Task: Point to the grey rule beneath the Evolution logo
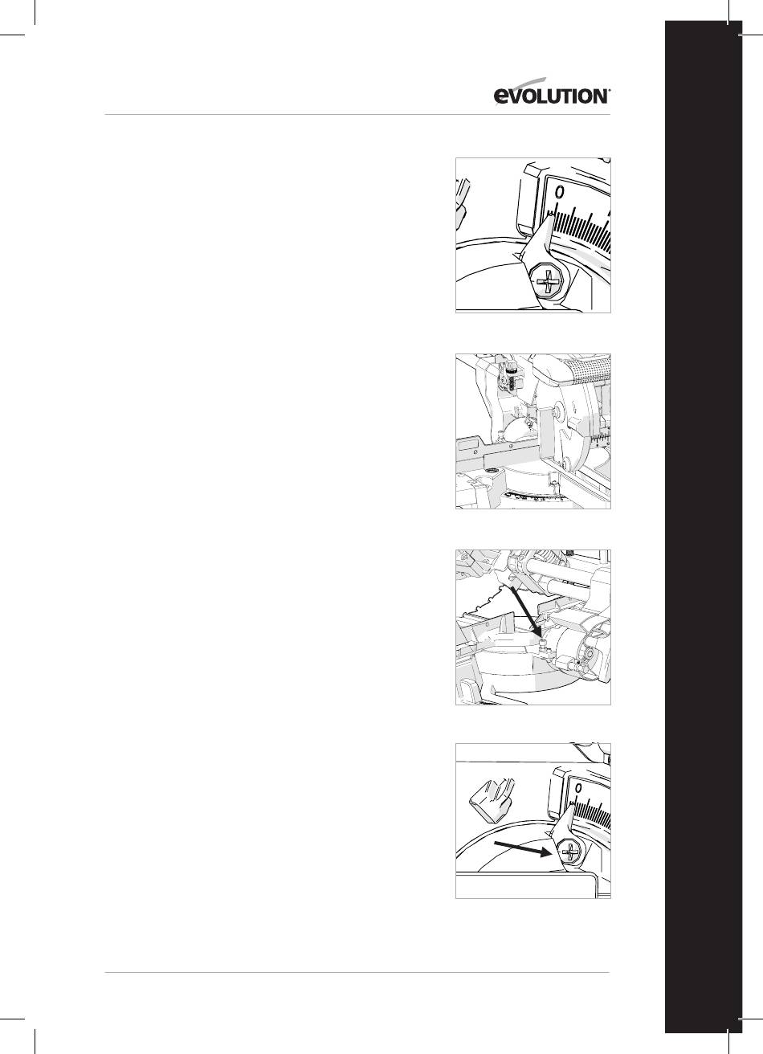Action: tap(357, 114)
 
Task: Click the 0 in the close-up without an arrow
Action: tap(560, 192)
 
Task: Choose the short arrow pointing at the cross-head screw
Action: tap(522, 850)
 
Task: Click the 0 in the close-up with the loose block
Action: tap(578, 786)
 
